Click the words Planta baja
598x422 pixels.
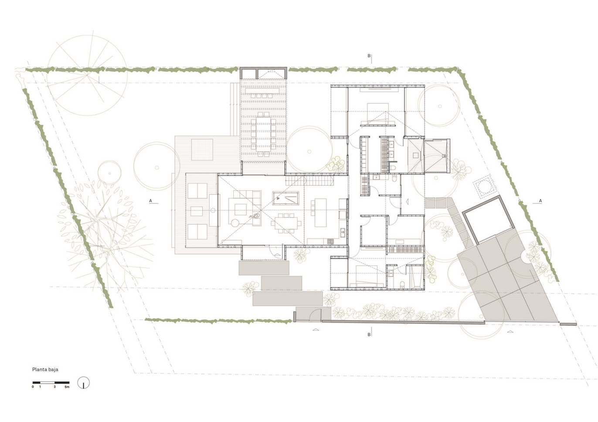(45, 369)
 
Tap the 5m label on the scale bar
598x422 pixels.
(67, 387)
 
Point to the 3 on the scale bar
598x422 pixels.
(54, 387)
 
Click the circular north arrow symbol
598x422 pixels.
(84, 383)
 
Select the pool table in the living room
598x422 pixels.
(285, 198)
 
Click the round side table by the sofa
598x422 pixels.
(235, 223)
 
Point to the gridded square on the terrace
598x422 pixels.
(202, 149)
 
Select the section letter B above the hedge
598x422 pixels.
(369, 56)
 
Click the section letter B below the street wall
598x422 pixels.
(369, 334)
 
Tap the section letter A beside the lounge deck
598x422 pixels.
(150, 201)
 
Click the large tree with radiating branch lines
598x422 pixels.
(87, 75)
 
